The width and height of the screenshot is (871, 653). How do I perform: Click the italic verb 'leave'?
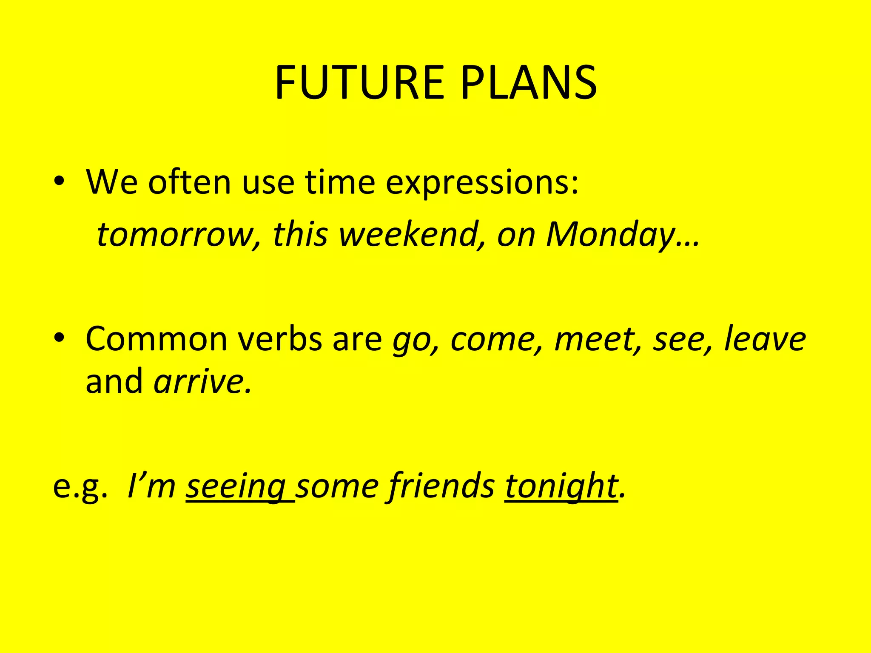click(764, 339)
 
